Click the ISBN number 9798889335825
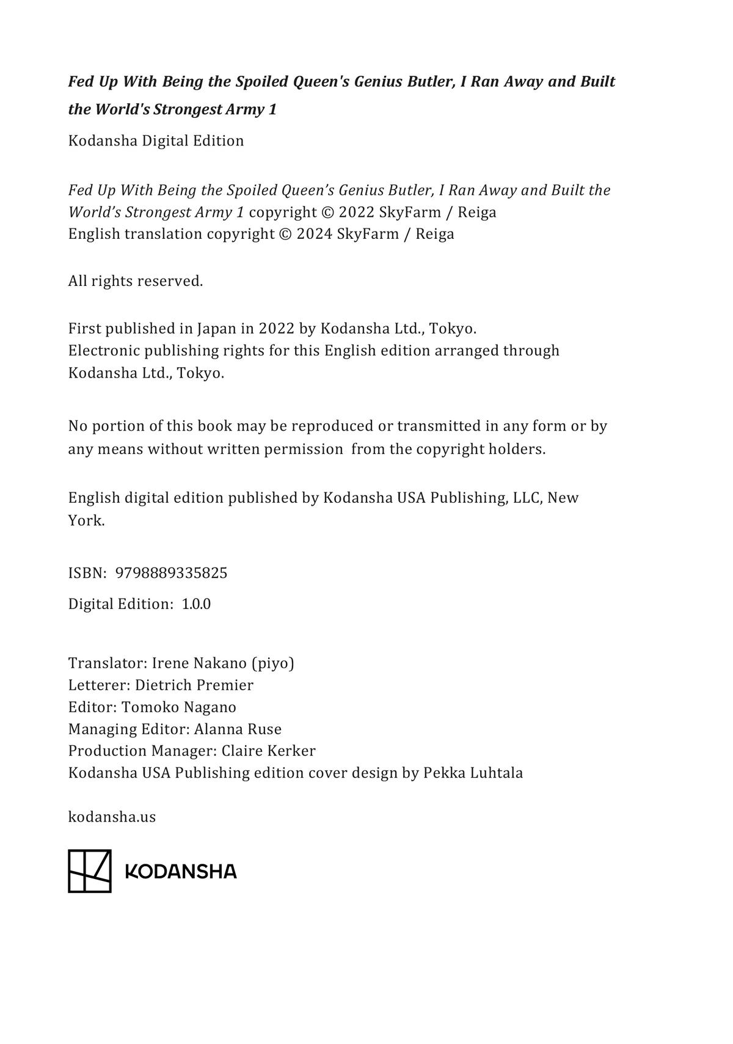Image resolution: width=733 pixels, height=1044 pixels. coord(171,573)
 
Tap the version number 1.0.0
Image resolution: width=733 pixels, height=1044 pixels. coord(196,604)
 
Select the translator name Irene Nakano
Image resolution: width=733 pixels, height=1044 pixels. coord(199,663)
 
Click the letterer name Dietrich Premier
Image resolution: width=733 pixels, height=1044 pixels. coord(194,685)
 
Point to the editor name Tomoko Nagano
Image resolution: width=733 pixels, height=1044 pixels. coord(179,707)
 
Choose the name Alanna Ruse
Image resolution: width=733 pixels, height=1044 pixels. coord(238,729)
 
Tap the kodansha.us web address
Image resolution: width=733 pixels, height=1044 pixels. coord(112,817)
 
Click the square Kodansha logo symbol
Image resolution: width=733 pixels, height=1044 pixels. coord(89,871)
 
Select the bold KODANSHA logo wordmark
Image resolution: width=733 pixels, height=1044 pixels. coord(181,872)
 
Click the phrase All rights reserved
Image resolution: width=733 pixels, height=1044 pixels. coord(135,281)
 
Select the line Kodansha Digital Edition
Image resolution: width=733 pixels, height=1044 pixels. coord(156,141)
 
